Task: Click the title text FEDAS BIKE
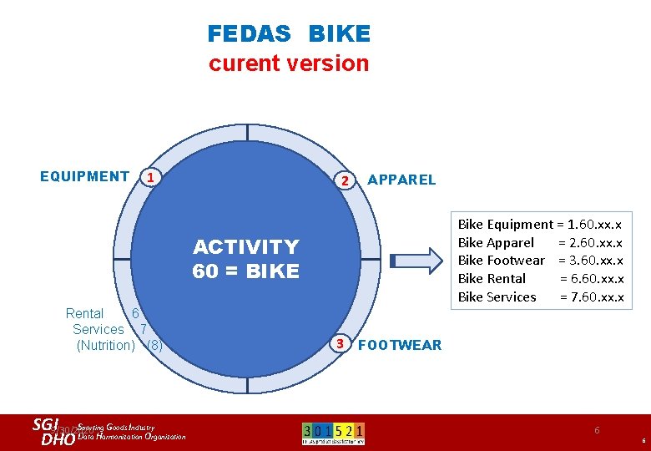click(288, 34)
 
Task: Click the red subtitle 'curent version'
click(288, 63)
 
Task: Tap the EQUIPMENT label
click(84, 176)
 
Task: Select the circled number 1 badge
click(149, 177)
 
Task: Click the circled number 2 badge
click(343, 180)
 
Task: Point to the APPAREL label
click(401, 180)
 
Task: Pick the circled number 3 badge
click(339, 343)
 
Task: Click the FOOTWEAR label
click(399, 345)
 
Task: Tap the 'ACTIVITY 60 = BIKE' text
click(245, 259)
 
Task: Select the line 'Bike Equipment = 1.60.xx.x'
click(540, 224)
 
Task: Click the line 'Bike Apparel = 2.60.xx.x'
click(540, 242)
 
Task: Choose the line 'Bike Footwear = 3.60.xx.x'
click(540, 261)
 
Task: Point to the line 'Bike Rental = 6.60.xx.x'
click(540, 279)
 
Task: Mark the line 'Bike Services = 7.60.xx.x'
click(540, 297)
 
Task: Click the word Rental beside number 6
click(84, 314)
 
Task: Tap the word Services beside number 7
click(98, 330)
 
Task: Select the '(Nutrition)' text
click(105, 345)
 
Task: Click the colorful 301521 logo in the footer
click(333, 433)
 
